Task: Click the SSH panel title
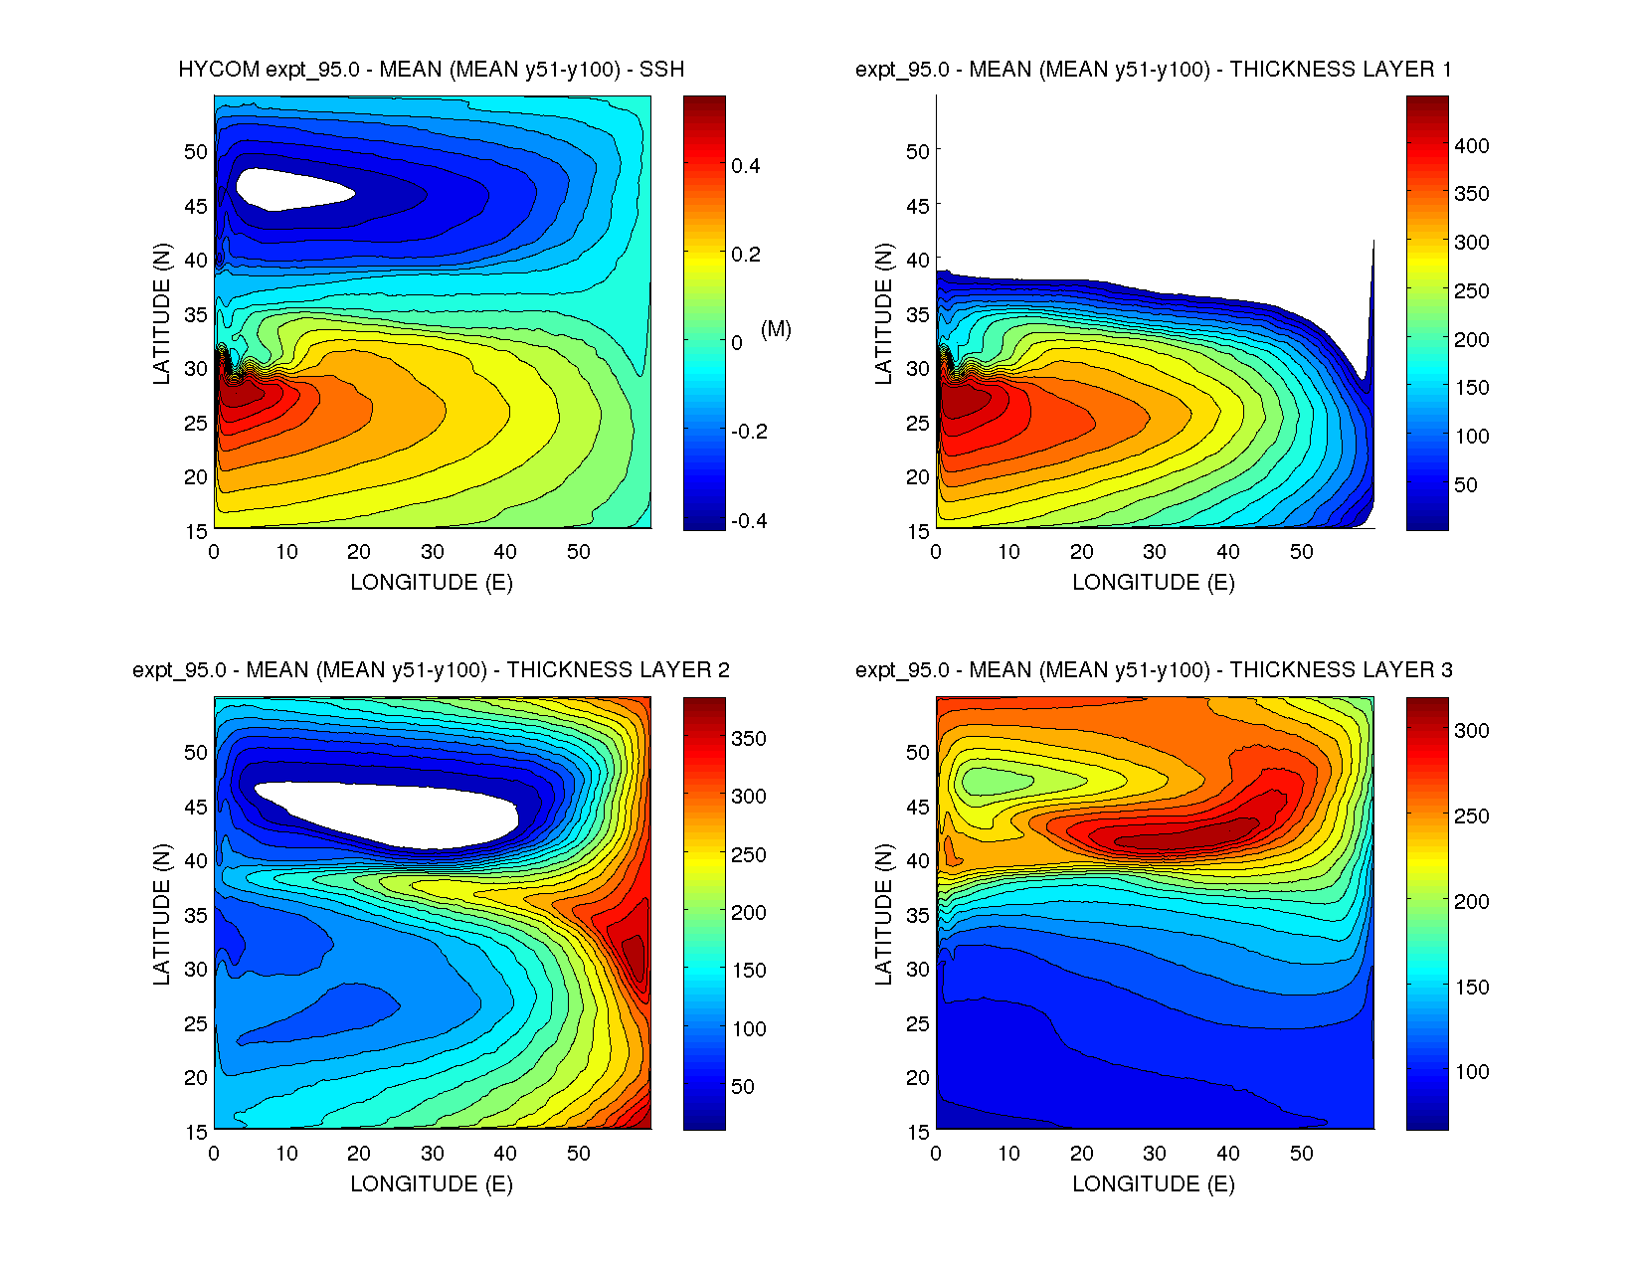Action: [x=431, y=70]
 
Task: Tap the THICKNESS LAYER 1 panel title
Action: [x=1153, y=70]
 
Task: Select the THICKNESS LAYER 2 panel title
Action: [x=431, y=670]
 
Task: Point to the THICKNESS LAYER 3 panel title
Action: [x=1153, y=670]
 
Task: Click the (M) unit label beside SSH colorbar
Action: [x=776, y=329]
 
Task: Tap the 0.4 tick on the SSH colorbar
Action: [x=746, y=166]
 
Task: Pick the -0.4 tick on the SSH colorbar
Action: [x=749, y=521]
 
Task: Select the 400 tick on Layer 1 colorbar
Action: [x=1471, y=146]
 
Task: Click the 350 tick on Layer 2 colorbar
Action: [x=749, y=739]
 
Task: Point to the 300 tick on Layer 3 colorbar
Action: [x=1471, y=731]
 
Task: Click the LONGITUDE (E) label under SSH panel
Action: [x=431, y=583]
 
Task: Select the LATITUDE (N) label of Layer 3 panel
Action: [x=883, y=914]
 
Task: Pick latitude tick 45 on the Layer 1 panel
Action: [x=917, y=206]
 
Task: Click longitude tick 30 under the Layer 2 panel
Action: [x=432, y=1154]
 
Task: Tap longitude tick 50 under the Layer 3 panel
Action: [x=1301, y=1154]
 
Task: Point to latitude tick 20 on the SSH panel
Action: [x=195, y=477]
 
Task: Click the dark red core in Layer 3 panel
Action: [x=1184, y=837]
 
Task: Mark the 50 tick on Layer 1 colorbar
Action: [x=1465, y=485]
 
